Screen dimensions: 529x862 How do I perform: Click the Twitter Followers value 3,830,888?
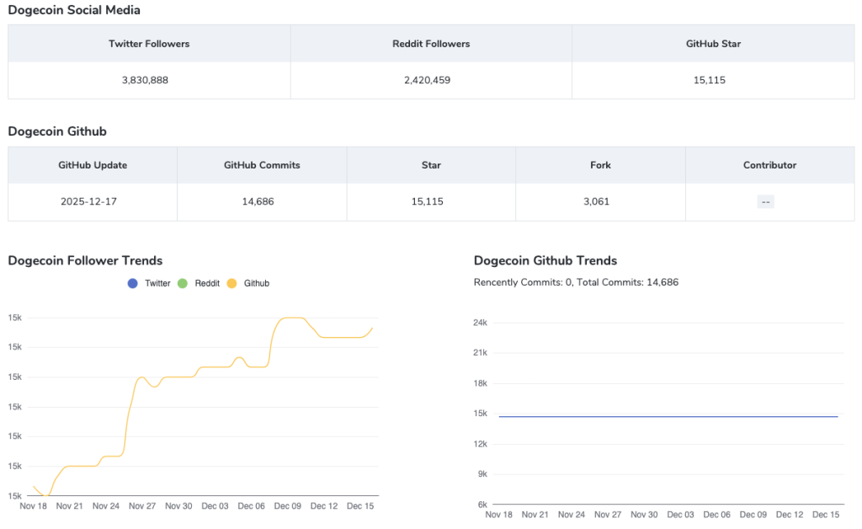(x=149, y=80)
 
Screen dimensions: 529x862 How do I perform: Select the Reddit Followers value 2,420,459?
(x=431, y=80)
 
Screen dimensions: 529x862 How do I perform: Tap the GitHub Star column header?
(x=713, y=44)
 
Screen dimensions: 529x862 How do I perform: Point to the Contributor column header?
(x=769, y=165)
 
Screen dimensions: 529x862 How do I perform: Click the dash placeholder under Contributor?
(x=765, y=202)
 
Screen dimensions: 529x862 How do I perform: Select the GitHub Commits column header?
(x=262, y=165)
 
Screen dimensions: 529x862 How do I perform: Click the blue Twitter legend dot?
(x=132, y=284)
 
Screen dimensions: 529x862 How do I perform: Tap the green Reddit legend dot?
(x=183, y=284)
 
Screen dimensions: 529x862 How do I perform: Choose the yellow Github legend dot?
(x=231, y=284)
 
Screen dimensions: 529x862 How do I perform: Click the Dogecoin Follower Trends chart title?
(x=85, y=260)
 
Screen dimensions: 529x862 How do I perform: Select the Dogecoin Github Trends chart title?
(x=545, y=260)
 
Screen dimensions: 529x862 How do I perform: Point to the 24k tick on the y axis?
(x=481, y=323)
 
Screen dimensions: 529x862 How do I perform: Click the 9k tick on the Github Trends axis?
(x=482, y=474)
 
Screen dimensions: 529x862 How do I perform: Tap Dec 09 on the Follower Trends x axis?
(x=287, y=506)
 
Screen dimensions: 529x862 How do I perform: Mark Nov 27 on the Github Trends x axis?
(x=608, y=515)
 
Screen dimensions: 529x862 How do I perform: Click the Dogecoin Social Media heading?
(x=74, y=10)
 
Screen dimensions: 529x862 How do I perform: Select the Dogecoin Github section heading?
(x=57, y=131)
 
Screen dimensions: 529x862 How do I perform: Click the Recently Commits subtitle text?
(x=576, y=282)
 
